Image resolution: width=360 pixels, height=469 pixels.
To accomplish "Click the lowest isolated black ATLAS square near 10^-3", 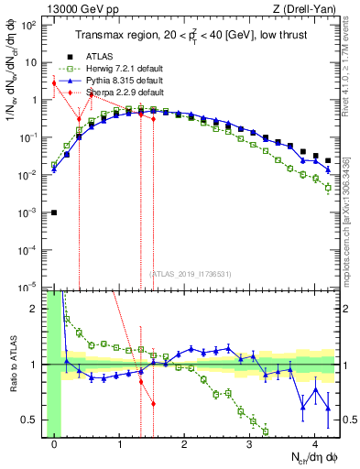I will point(55,213).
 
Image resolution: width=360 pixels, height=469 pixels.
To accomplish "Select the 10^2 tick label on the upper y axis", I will point(29,26).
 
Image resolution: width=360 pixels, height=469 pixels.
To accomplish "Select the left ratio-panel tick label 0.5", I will point(33,420).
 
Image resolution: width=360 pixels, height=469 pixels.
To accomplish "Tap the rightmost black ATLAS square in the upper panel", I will point(328,160).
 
